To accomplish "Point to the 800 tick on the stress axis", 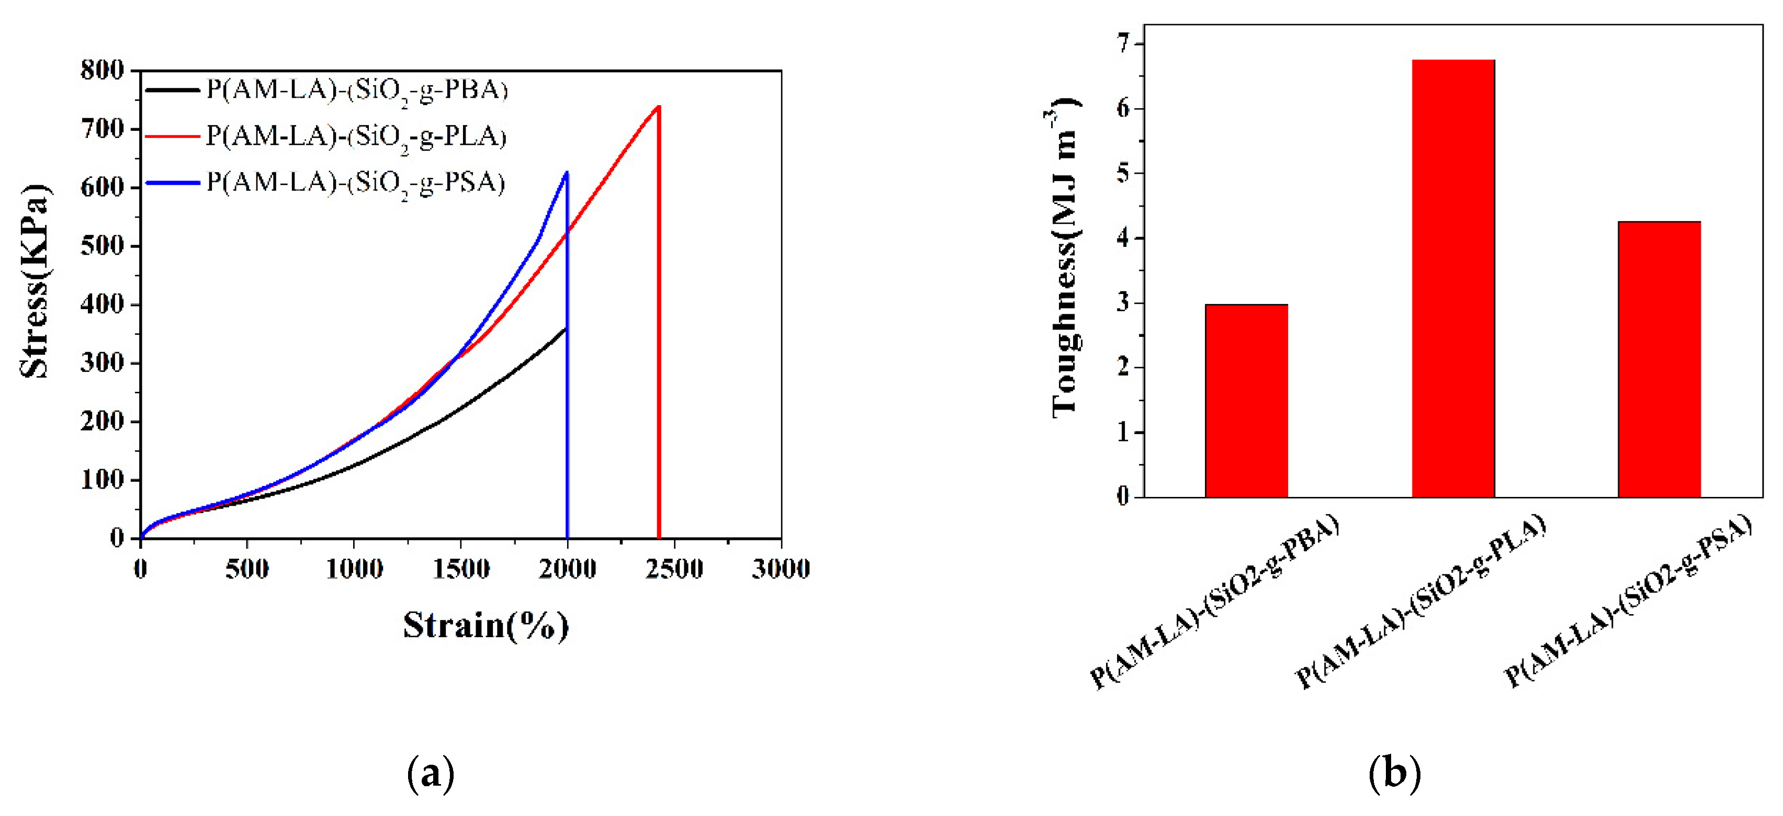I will click(103, 70).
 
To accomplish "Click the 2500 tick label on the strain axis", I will click(673, 569).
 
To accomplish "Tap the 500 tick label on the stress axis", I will click(103, 246).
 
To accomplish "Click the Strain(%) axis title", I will click(486, 626).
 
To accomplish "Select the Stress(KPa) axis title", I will click(35, 280).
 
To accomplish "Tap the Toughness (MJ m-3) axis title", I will click(1065, 259).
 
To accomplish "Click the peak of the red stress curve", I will click(658, 107).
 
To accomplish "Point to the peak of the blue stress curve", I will click(567, 172).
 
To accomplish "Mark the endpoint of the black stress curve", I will click(566, 328).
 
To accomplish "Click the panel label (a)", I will click(431, 774).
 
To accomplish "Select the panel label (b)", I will click(1394, 774).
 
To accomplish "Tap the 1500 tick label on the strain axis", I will click(461, 569).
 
